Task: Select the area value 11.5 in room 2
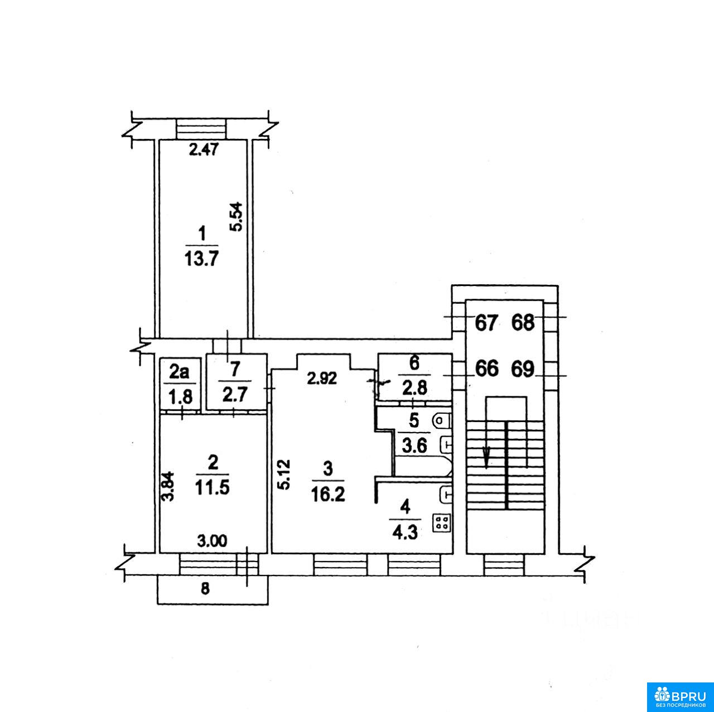[x=213, y=487]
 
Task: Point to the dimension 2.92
[x=322, y=379]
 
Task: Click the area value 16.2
[x=329, y=495]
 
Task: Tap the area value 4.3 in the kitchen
[x=406, y=533]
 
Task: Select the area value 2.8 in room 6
[x=416, y=388]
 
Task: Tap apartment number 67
[x=486, y=323]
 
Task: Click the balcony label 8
[x=205, y=589]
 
